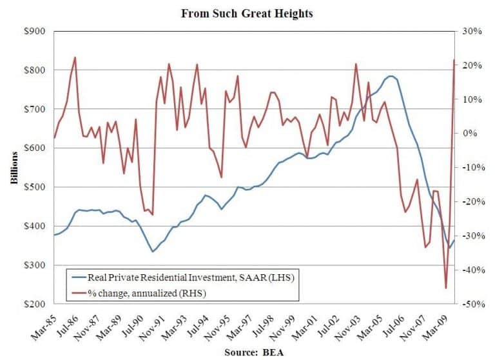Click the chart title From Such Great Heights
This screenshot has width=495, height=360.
[247, 14]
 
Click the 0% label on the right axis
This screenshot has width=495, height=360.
[469, 133]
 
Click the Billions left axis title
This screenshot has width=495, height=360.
[14, 167]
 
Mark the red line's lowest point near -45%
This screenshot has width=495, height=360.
[445, 288]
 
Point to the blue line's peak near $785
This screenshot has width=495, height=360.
[391, 76]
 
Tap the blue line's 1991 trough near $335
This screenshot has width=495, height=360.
[152, 252]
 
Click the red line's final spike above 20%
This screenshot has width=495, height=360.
[454, 60]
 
